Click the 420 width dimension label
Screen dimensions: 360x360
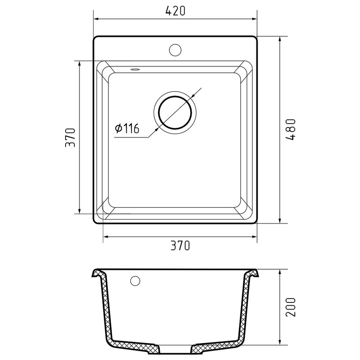point(175,11)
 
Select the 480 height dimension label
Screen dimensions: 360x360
point(291,129)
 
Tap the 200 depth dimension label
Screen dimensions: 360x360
point(291,307)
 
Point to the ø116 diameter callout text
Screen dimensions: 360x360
point(127,129)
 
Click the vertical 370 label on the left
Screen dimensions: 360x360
point(70,138)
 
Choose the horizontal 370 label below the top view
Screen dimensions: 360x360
point(180,246)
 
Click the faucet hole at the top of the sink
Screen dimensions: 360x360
point(175,50)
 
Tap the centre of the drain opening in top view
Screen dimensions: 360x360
point(175,112)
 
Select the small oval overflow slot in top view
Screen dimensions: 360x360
point(135,69)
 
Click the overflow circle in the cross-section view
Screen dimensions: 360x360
point(135,281)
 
